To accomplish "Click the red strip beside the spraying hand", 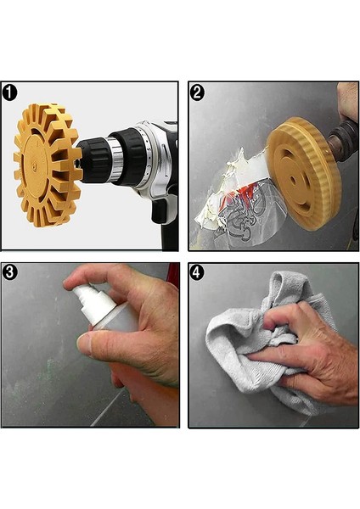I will pos(173,280).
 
